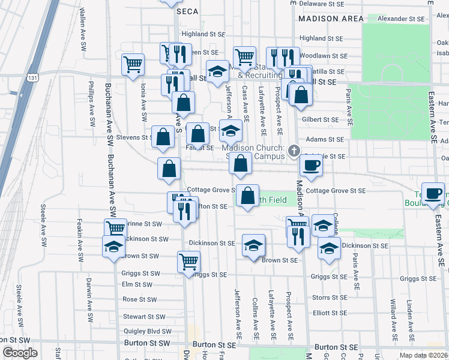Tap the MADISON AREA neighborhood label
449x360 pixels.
click(x=327, y=19)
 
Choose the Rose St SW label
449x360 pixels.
click(x=139, y=299)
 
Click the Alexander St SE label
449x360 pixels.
click(x=401, y=19)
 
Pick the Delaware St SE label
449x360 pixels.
click(x=321, y=3)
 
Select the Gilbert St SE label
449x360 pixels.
click(x=321, y=119)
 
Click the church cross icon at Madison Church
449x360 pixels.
click(x=294, y=151)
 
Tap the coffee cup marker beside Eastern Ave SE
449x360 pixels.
click(x=433, y=194)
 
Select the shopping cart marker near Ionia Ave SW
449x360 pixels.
click(x=133, y=64)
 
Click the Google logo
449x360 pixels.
click(x=20, y=353)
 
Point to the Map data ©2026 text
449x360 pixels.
click(x=424, y=355)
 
